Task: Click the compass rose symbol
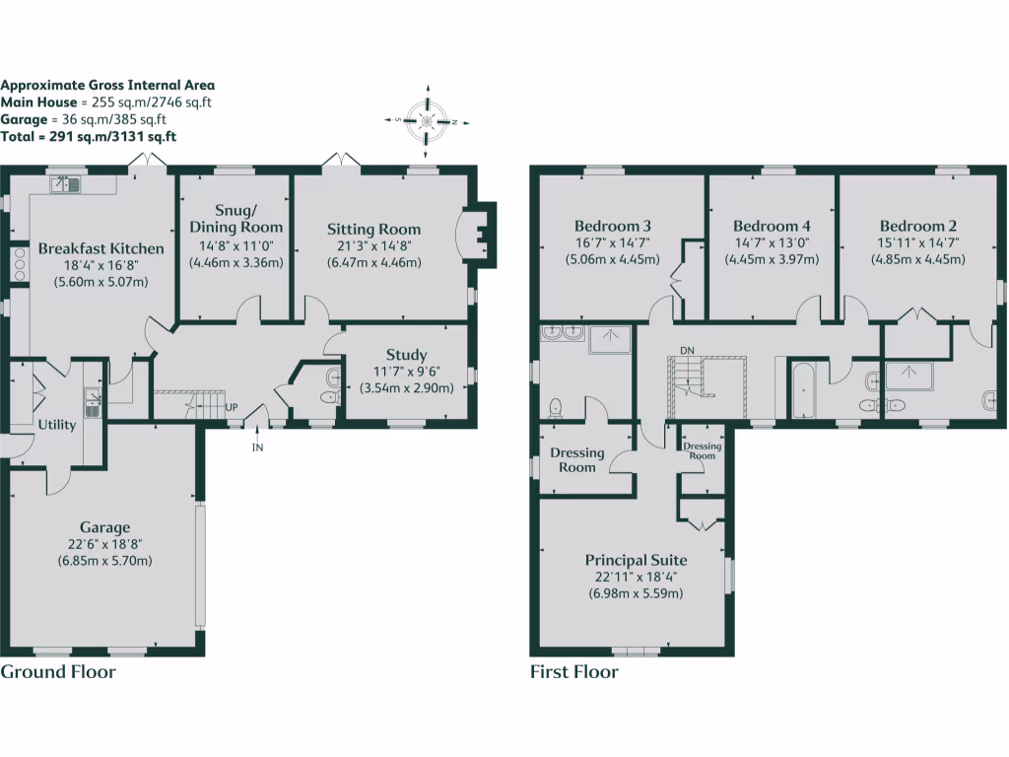point(428,121)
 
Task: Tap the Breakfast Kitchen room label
point(93,248)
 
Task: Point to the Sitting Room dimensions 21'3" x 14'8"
point(373,246)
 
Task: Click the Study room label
point(406,355)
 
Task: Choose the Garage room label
point(104,527)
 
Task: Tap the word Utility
point(57,425)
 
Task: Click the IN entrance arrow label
point(258,447)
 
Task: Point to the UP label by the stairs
point(232,407)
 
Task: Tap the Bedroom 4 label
point(772,225)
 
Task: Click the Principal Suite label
point(636,560)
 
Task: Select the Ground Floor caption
point(58,672)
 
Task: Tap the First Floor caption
point(574,672)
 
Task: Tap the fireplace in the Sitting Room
point(477,235)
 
